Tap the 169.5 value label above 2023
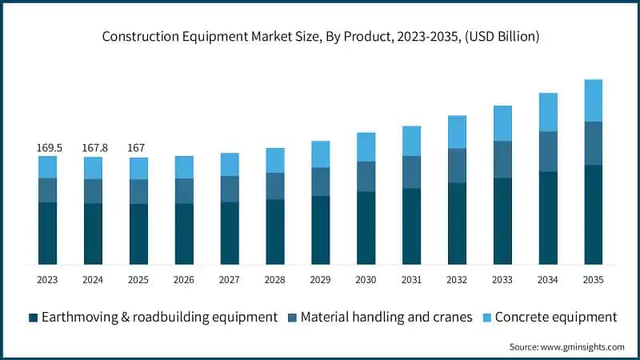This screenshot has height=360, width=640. pyautogui.click(x=47, y=148)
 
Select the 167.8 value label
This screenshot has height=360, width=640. pyautogui.click(x=93, y=148)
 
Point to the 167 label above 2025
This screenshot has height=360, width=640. pyautogui.click(x=138, y=148)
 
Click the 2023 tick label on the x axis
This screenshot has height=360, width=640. pyautogui.click(x=47, y=280)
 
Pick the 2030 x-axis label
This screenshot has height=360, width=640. pyautogui.click(x=366, y=280)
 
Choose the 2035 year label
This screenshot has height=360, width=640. pyautogui.click(x=594, y=280)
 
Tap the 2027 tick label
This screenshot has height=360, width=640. pyautogui.click(x=230, y=280)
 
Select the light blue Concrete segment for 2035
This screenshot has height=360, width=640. pyautogui.click(x=594, y=101)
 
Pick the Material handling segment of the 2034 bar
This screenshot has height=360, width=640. pyautogui.click(x=548, y=151)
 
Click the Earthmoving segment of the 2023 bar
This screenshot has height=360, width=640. pyautogui.click(x=47, y=233)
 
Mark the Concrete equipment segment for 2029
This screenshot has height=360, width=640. pyautogui.click(x=321, y=154)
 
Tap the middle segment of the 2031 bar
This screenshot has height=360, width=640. pyautogui.click(x=412, y=172)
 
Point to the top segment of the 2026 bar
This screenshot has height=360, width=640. pyautogui.click(x=184, y=167)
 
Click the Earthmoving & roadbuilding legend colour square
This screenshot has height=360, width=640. pyautogui.click(x=34, y=318)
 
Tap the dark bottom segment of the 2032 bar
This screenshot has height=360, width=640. pyautogui.click(x=457, y=223)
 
